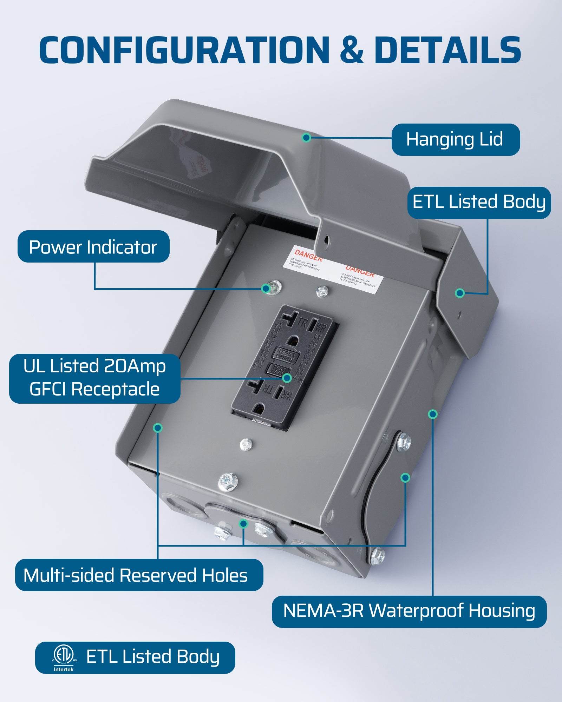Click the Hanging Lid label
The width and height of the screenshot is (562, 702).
(455, 139)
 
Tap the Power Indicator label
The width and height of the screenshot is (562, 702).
(93, 246)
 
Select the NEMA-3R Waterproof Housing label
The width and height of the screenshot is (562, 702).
(409, 611)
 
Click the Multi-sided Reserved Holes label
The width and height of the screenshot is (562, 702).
(139, 575)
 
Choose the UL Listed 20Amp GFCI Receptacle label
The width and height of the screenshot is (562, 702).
(94, 378)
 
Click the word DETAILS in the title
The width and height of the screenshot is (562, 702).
(447, 50)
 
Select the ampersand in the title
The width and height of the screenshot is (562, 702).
(351, 50)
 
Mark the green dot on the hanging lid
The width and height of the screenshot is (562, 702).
(306, 137)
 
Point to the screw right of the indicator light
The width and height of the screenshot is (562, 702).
(322, 291)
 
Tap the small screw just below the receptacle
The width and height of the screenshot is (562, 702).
(246, 445)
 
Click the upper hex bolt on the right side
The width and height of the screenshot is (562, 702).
(404, 443)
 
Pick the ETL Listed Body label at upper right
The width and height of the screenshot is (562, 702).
(479, 202)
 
